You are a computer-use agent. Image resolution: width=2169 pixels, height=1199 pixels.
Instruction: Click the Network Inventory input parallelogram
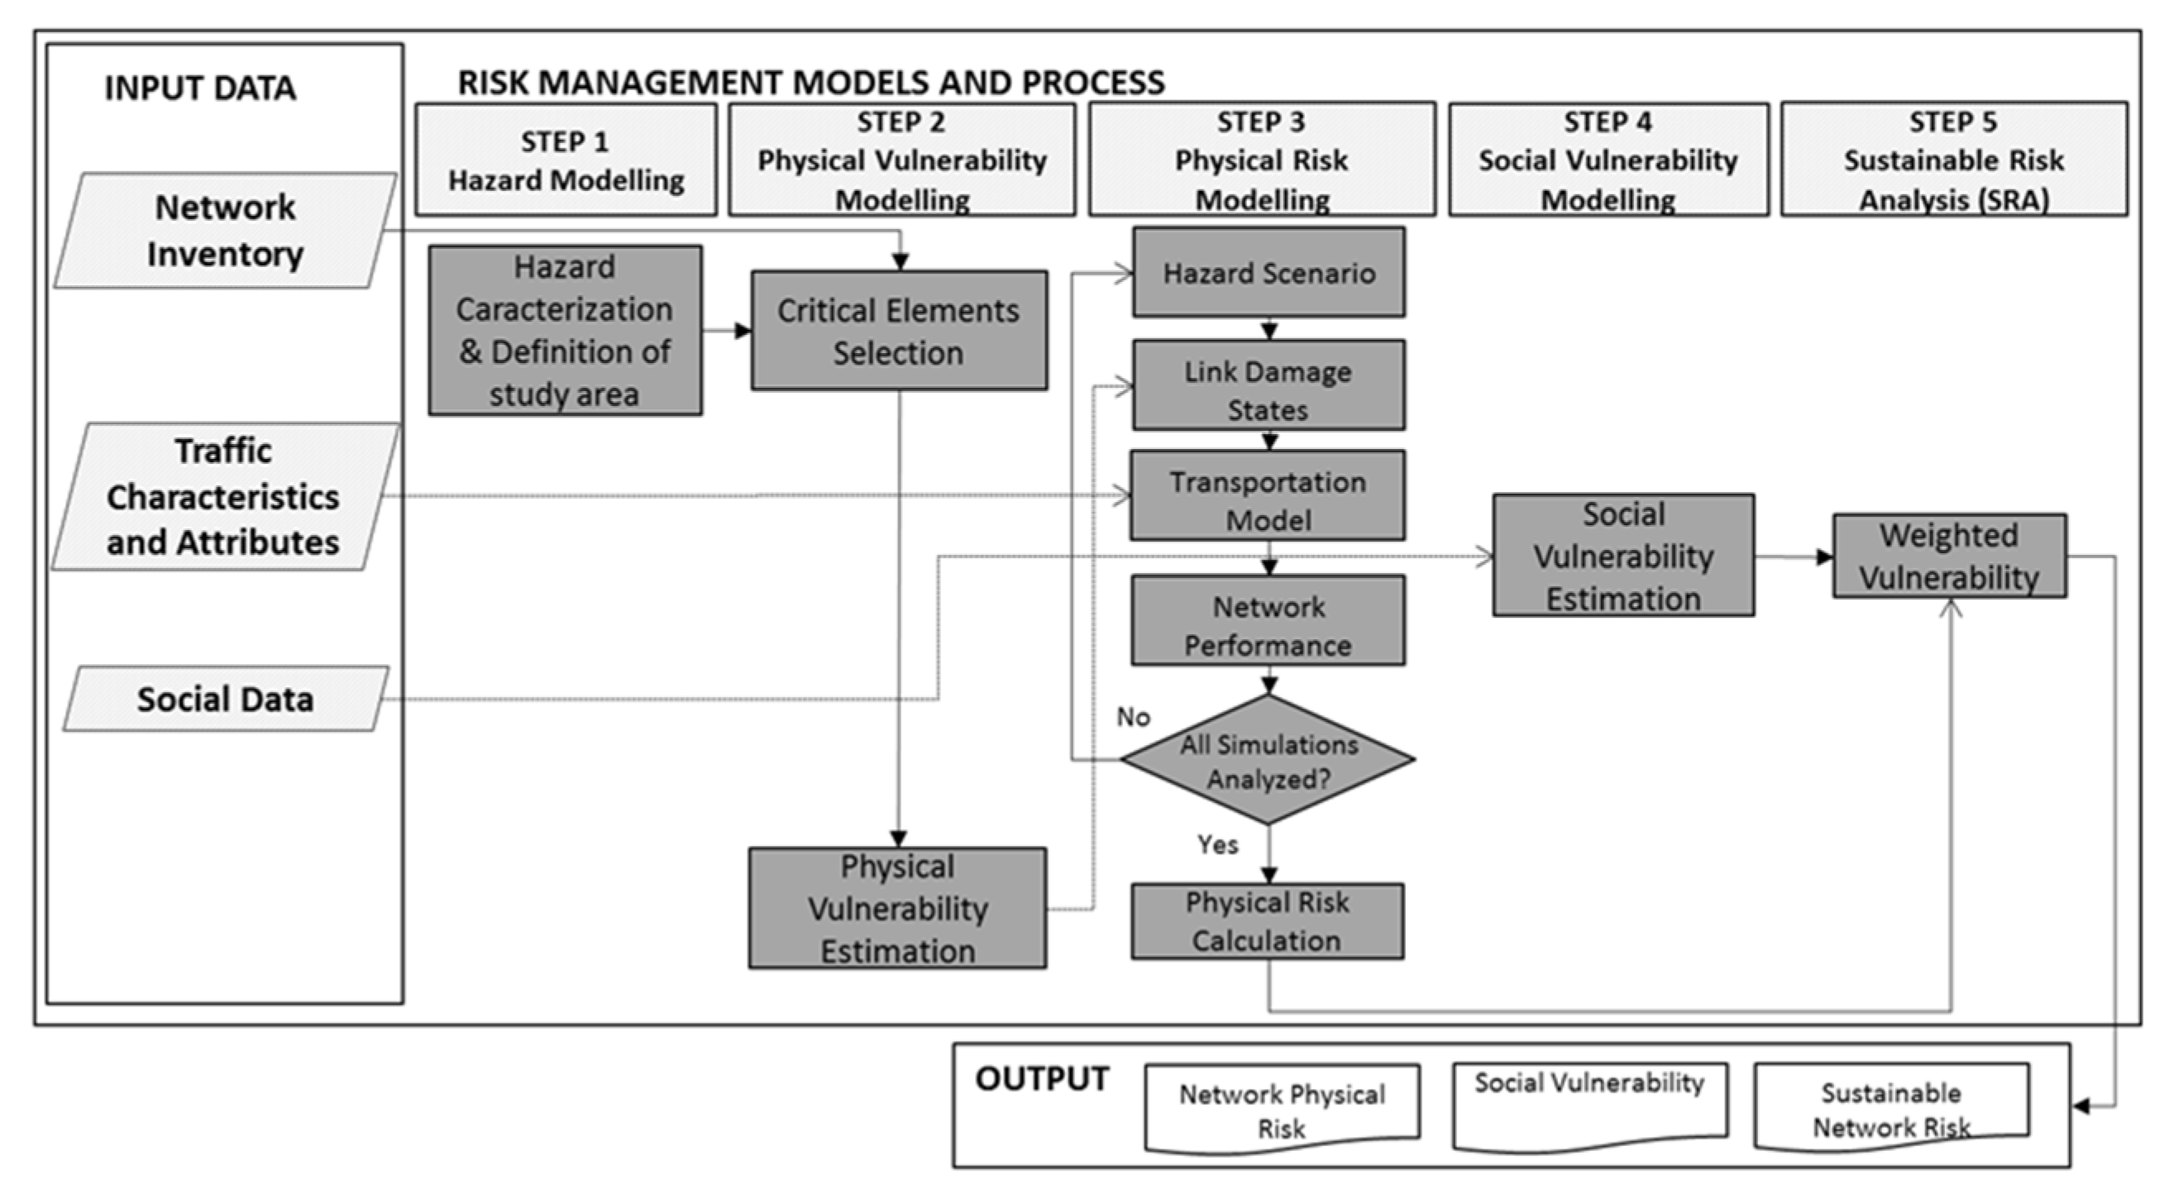click(225, 231)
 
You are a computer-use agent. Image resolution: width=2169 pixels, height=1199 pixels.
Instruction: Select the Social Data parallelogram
click(225, 699)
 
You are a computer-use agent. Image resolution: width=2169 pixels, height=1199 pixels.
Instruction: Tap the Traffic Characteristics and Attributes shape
click(223, 497)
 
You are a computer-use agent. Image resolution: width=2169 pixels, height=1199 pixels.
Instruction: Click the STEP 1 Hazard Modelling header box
click(566, 160)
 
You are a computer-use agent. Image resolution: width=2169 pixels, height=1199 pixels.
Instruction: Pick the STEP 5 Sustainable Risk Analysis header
click(1953, 160)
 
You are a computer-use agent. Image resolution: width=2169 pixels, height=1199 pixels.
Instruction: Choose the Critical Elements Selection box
click(898, 331)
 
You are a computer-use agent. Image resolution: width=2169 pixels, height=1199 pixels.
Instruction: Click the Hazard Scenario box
click(1268, 273)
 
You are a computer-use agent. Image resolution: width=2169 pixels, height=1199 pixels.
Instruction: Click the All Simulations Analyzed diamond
click(1268, 760)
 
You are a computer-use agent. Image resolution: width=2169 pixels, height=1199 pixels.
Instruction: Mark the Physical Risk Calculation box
click(1267, 921)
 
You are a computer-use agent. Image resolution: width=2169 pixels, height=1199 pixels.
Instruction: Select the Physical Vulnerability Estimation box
click(897, 909)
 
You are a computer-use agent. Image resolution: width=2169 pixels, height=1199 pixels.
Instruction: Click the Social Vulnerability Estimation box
click(1623, 556)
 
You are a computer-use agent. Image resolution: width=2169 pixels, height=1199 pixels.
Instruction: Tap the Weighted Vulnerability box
click(1949, 557)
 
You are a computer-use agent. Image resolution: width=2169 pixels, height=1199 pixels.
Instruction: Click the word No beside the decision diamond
click(1134, 717)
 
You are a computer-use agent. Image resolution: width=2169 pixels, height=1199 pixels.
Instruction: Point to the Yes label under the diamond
click(1217, 844)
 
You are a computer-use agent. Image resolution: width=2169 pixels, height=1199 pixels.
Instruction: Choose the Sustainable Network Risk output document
click(1891, 1108)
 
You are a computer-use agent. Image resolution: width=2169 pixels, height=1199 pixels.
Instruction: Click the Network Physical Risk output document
click(1282, 1109)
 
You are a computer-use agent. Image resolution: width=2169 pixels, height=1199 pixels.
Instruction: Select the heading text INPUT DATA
click(199, 88)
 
